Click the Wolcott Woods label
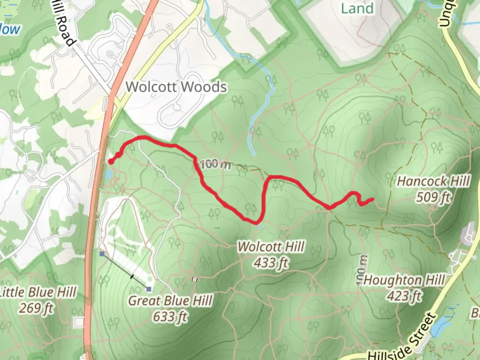click(176, 87)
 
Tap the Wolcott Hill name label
click(271, 247)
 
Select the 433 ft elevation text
click(271, 263)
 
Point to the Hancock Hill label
click(433, 182)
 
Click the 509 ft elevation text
click(433, 197)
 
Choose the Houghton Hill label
click(404, 280)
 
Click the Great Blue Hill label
click(170, 301)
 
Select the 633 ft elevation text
click(170, 316)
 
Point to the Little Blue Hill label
click(37, 292)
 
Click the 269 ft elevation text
click(36, 308)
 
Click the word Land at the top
click(357, 8)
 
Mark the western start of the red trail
click(110, 162)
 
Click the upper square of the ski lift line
click(102, 254)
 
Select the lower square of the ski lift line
click(149, 289)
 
